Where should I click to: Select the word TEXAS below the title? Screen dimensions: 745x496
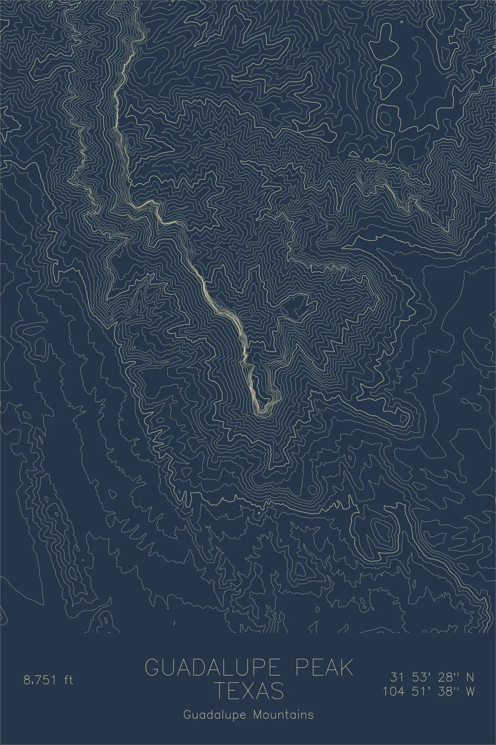click(x=249, y=691)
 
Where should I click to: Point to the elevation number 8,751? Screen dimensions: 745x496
click(x=40, y=679)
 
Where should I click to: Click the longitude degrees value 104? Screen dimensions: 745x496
click(x=393, y=691)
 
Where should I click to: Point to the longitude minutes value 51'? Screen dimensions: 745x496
click(x=418, y=691)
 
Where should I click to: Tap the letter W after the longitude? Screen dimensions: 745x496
click(x=470, y=691)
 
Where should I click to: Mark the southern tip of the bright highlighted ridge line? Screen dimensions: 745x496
click(x=259, y=411)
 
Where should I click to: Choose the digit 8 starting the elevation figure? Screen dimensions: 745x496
click(x=26, y=679)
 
